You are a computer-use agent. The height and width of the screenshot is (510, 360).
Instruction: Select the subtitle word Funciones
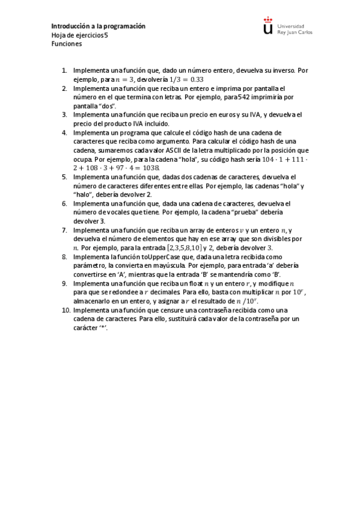(66, 43)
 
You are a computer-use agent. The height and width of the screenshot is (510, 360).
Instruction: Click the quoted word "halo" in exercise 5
(84, 194)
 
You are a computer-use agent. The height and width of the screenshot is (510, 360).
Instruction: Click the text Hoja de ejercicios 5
(80, 35)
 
